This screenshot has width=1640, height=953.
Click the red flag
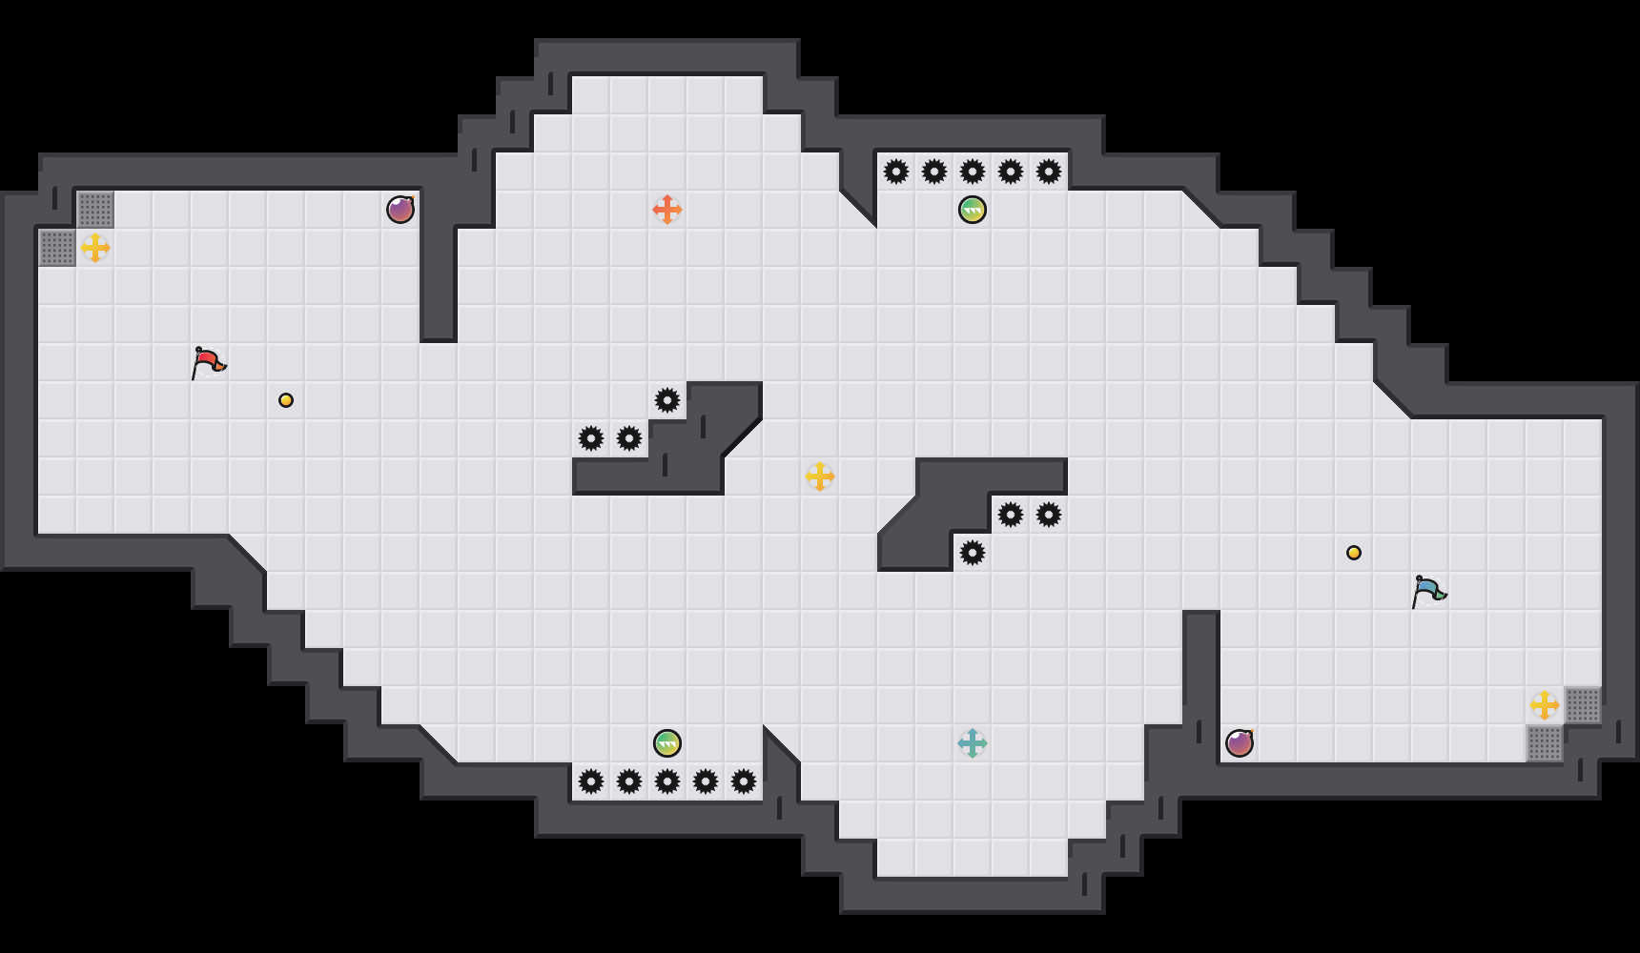(208, 362)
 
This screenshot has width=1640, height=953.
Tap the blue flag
(1428, 591)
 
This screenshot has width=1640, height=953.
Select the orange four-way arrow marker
(667, 210)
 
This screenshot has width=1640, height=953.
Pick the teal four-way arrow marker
(973, 743)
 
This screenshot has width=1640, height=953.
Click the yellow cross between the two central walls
(820, 476)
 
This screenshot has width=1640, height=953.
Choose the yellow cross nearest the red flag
(95, 248)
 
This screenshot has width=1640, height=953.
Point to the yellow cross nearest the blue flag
(1545, 705)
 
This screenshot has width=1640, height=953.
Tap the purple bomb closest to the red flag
(400, 210)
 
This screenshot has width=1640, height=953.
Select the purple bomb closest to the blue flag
(1240, 743)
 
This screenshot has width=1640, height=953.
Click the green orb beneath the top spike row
(973, 210)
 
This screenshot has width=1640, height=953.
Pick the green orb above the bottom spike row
(667, 743)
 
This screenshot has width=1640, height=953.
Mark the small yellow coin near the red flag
(286, 400)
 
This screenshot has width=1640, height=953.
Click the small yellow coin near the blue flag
(1354, 553)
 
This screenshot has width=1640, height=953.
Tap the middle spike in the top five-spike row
(973, 172)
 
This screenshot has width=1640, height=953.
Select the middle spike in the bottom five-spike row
(667, 781)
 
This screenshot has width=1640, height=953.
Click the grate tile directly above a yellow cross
(95, 210)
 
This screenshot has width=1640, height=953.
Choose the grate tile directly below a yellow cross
(1545, 743)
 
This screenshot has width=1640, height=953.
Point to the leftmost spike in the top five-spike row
(896, 172)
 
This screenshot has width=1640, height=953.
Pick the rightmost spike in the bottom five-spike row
(744, 781)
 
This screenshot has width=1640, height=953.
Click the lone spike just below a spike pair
(973, 553)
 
